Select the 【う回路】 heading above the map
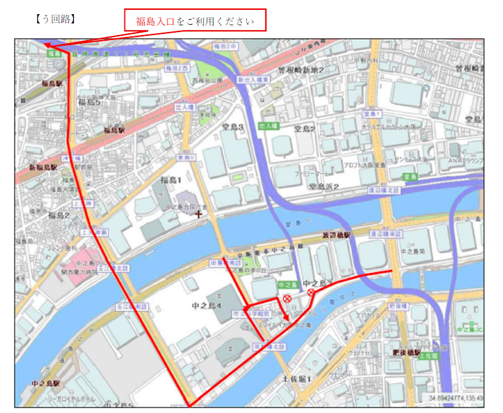pyautogui.click(x=56, y=19)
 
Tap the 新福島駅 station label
pyautogui.click(x=43, y=167)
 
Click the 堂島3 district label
pyautogui.click(x=233, y=128)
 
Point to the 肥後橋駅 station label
pyautogui.click(x=407, y=353)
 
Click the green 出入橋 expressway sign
pyautogui.click(x=268, y=126)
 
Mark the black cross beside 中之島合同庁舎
pyautogui.click(x=198, y=215)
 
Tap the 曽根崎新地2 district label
pyautogui.click(x=300, y=71)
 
